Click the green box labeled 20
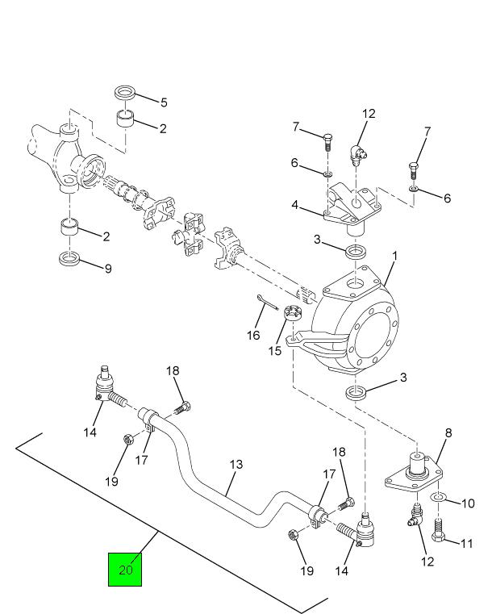point(125,569)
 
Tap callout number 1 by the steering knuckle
point(395,257)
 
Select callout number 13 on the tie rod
point(236,465)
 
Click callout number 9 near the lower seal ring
point(107,268)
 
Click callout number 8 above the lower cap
point(448,432)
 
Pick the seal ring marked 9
point(70,259)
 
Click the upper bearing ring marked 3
point(355,253)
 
